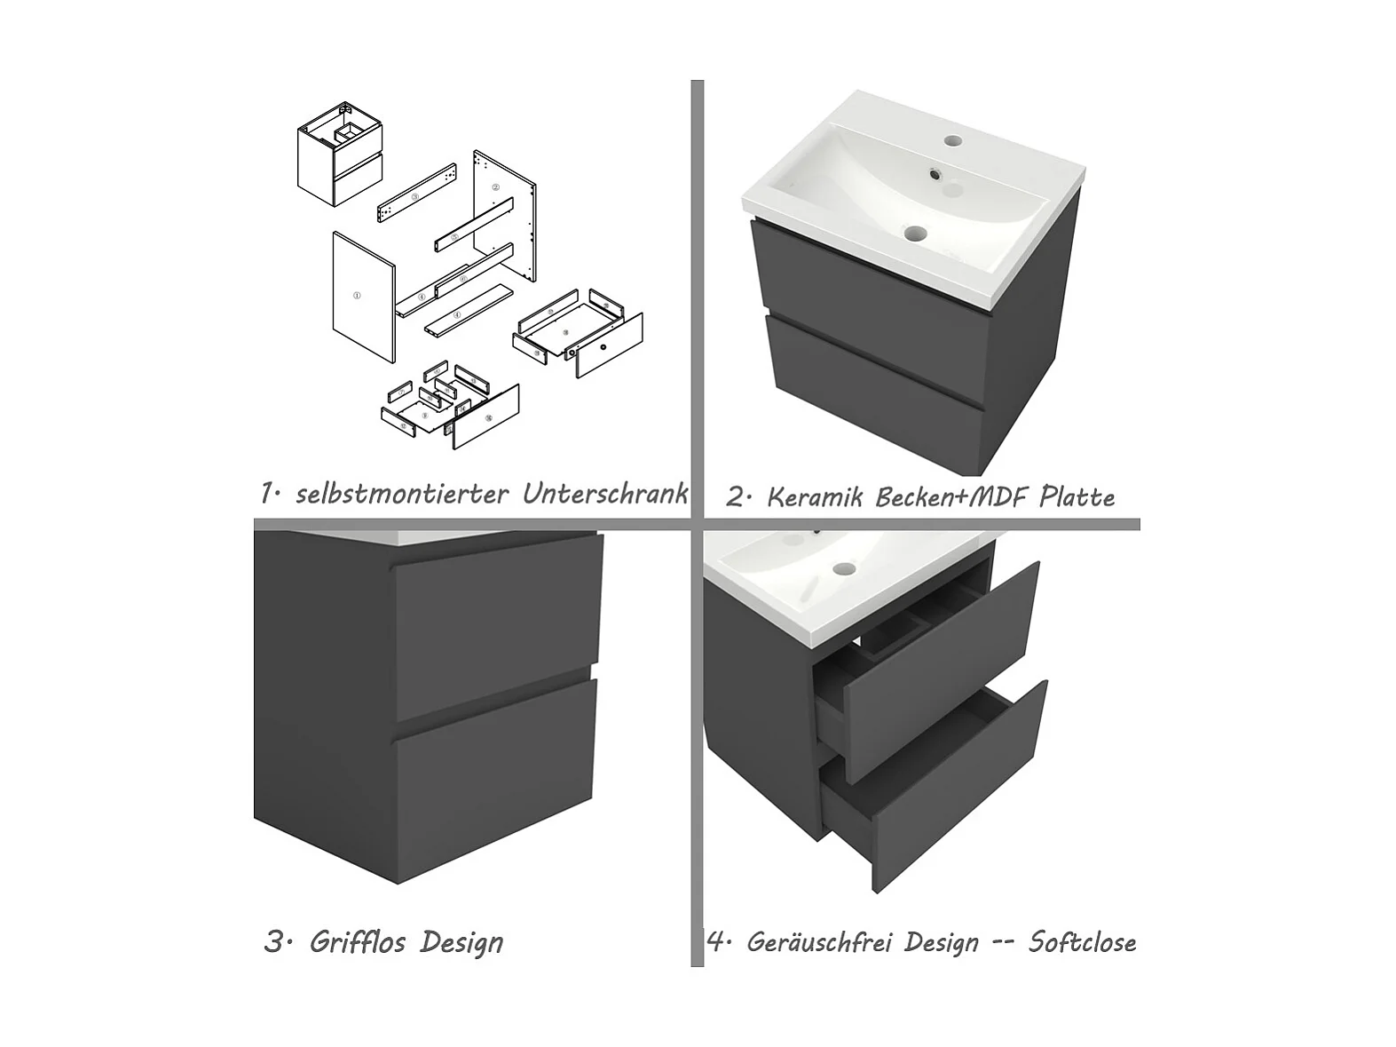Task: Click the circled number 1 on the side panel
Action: coord(357,296)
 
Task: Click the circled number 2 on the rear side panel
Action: coord(495,187)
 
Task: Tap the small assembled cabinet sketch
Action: coord(340,154)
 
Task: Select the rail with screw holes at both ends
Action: coord(417,193)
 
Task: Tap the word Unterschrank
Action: coord(605,494)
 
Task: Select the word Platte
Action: coord(1077,496)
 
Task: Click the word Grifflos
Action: coord(358,942)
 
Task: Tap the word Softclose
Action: coord(1082,942)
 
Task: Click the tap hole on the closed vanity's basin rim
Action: coord(953,139)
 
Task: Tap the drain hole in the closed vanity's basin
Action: coord(917,234)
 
